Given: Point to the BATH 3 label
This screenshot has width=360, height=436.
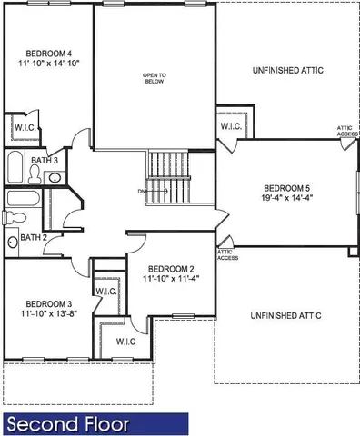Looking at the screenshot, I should (44, 161).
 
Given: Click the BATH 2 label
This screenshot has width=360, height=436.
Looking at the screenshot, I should (33, 238).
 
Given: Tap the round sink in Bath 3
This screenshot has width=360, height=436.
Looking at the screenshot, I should (55, 177).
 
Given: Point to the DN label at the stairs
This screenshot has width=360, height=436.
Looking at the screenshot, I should (143, 192).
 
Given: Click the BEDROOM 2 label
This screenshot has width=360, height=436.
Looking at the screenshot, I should (172, 269).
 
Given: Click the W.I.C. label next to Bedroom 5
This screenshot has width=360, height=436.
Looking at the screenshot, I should (230, 126).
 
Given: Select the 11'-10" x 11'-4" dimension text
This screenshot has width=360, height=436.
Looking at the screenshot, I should (172, 280).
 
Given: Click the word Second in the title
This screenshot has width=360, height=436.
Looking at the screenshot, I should (41, 424).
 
